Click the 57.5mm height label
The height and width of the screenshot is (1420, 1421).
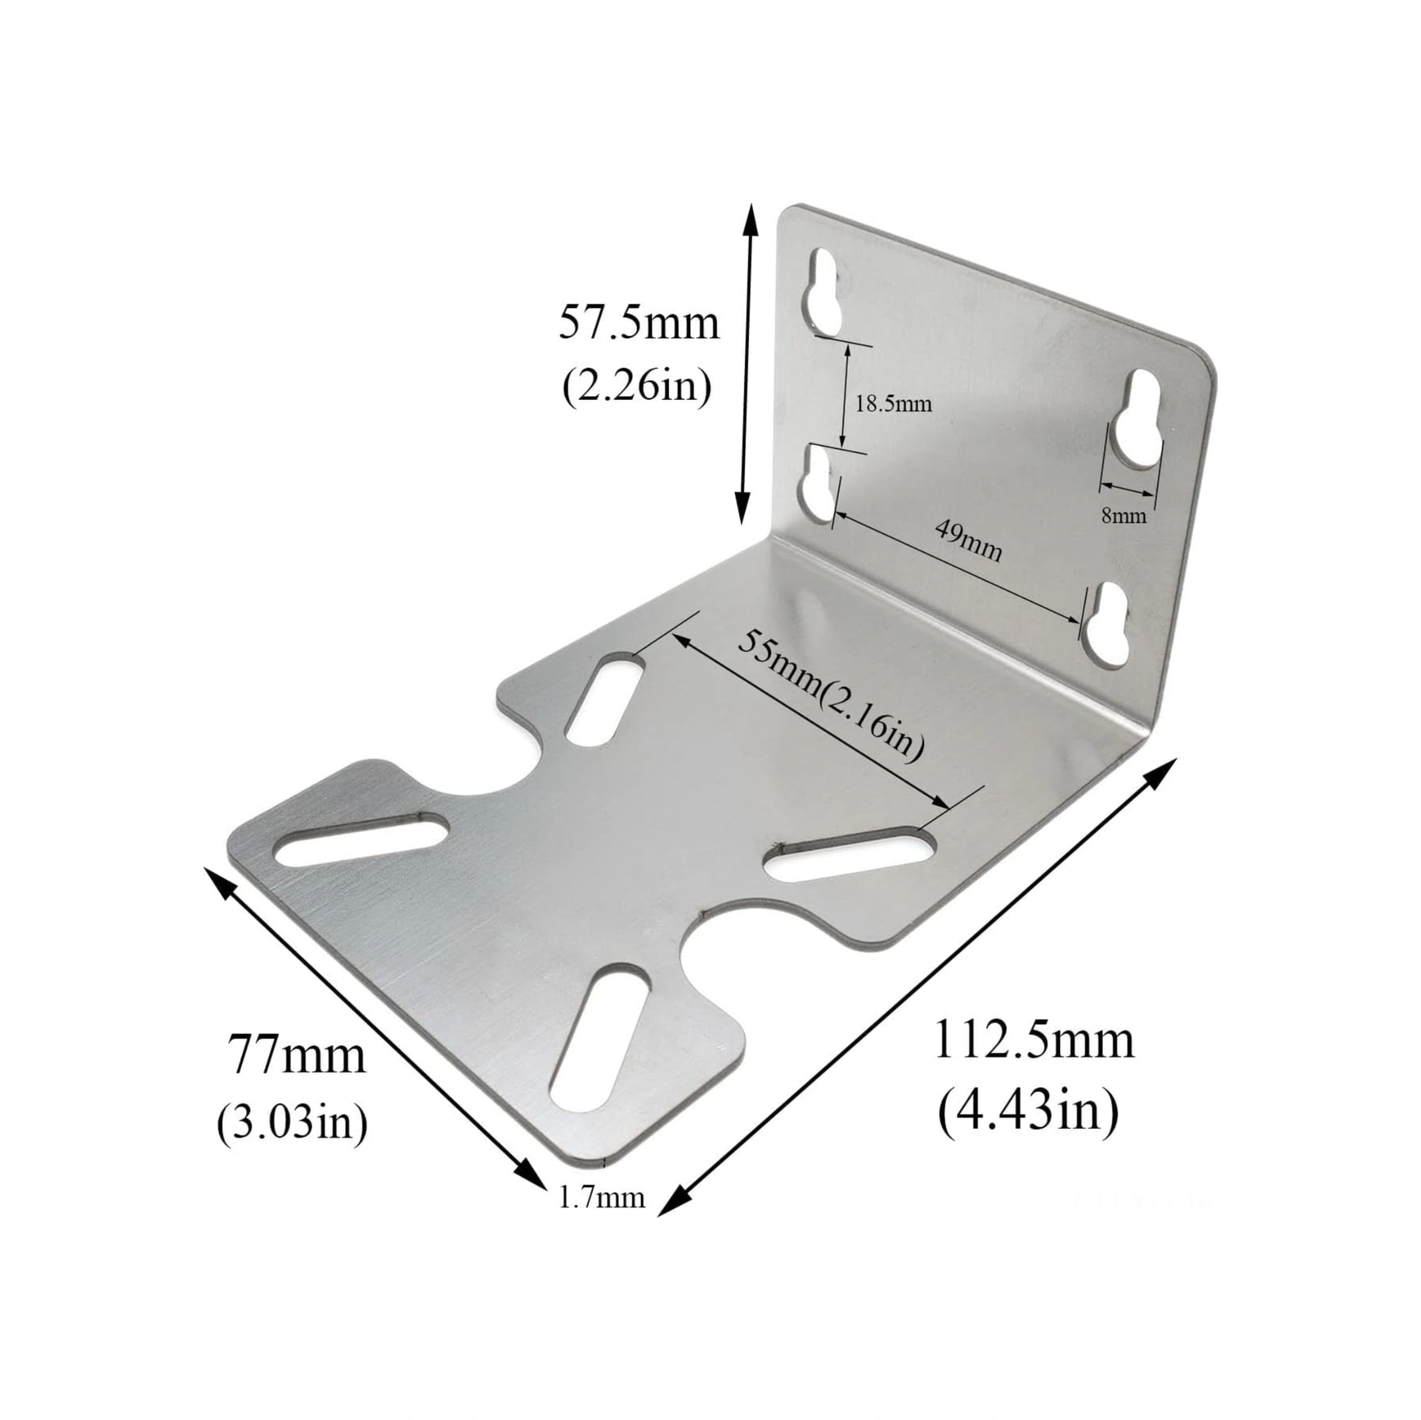point(639,324)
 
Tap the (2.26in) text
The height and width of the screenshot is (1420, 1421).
point(637,387)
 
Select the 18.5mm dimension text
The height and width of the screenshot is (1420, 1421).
point(893,404)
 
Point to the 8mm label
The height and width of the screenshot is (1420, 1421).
point(1123,516)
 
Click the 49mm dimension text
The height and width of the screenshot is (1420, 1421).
point(968,539)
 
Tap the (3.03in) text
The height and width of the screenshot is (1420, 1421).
point(292,1122)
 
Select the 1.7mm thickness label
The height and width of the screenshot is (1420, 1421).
point(601,1198)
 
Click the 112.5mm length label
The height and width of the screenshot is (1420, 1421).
point(1034,1039)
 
